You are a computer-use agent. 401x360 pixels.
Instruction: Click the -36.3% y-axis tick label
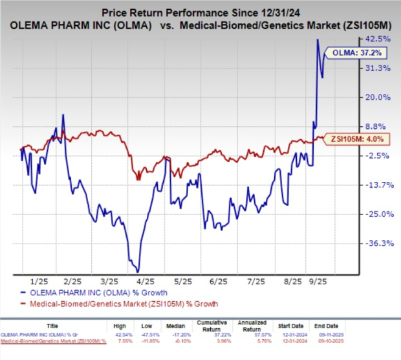point(377,243)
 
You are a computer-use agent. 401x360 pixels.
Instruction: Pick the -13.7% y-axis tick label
point(377,185)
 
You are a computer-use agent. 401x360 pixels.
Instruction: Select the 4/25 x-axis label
point(146,282)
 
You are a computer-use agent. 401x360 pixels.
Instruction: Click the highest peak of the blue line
point(318,39)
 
